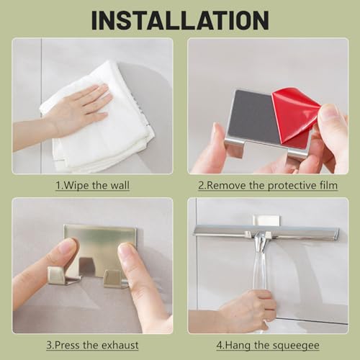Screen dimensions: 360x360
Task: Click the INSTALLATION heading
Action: pos(180,20)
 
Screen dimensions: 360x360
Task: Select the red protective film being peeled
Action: pos(295,117)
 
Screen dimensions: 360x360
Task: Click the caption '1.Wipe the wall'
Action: pos(92,186)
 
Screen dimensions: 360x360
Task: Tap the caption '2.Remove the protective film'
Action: pos(268,186)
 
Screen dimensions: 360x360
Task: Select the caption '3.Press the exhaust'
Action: pos(92,345)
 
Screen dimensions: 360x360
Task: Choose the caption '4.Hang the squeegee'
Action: pos(268,346)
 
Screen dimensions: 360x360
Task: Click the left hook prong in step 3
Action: pos(63,276)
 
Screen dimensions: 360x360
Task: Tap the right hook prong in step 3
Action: pos(115,279)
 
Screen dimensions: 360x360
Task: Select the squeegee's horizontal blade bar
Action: pos(266,231)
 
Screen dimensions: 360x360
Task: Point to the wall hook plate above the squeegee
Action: pos(267,220)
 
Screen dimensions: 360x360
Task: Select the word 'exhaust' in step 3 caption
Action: pos(120,345)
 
